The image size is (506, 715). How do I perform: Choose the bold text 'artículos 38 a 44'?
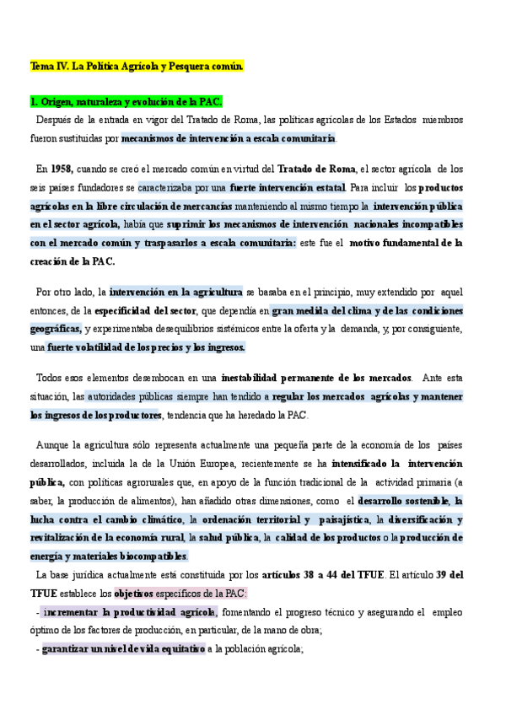[312, 575]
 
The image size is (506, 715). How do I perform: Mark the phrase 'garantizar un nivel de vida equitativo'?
[123, 648]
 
